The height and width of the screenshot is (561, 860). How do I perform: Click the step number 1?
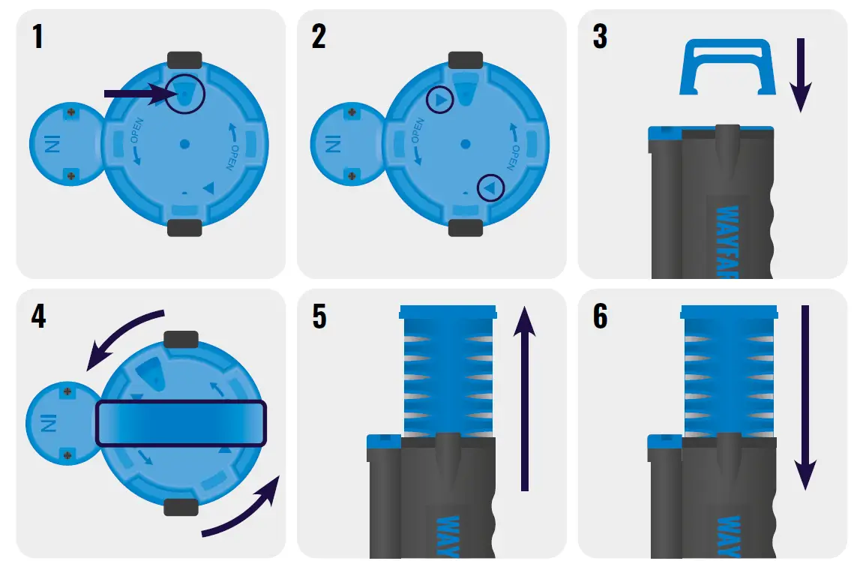click(37, 37)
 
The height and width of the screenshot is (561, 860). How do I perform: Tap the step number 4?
click(38, 316)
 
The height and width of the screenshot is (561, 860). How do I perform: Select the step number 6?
click(600, 316)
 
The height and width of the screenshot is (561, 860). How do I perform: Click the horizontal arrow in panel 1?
click(135, 94)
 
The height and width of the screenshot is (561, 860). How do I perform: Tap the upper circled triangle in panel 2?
click(440, 100)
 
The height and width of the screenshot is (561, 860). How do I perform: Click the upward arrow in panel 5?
click(525, 397)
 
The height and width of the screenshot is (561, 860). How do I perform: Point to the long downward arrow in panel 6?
click(806, 397)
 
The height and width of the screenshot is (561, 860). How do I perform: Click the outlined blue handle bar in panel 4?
click(181, 423)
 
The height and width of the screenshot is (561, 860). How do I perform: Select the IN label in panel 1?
click(50, 143)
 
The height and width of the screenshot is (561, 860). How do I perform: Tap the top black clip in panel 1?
click(184, 59)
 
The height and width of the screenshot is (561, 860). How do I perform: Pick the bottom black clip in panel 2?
click(465, 228)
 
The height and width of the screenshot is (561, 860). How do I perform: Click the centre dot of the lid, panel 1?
click(184, 143)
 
